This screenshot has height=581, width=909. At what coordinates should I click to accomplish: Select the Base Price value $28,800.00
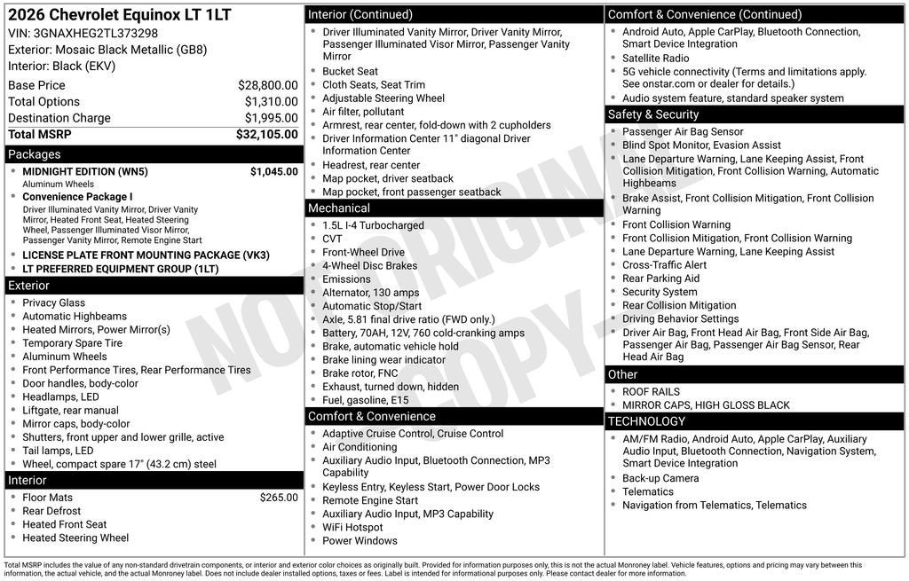tap(267, 86)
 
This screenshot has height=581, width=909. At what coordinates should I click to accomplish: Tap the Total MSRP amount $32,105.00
tap(266, 135)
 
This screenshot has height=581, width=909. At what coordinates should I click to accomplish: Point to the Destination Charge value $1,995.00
tap(271, 118)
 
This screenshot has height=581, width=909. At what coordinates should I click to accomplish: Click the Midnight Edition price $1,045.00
tap(273, 172)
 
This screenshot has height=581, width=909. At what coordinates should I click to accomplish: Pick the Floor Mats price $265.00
tap(279, 498)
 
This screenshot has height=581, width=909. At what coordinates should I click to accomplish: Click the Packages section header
tap(35, 154)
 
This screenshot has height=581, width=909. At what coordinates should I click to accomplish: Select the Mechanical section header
tap(339, 208)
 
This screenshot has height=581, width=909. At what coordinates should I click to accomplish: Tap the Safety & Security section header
tap(653, 114)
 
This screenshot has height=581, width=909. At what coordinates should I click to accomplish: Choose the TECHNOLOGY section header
tap(646, 421)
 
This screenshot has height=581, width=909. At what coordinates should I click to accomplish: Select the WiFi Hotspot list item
tap(352, 528)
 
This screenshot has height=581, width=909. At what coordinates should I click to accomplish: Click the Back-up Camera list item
tap(660, 478)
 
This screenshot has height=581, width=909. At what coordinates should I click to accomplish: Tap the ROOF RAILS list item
tap(651, 392)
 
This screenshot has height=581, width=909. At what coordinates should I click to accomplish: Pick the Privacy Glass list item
tap(54, 303)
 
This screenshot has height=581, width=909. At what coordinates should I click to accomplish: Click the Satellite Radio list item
tap(656, 59)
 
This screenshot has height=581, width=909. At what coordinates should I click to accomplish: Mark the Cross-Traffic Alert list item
tap(665, 265)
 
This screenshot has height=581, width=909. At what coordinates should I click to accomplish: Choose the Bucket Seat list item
tap(350, 72)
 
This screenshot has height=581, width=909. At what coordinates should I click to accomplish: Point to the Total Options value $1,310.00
tap(271, 102)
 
